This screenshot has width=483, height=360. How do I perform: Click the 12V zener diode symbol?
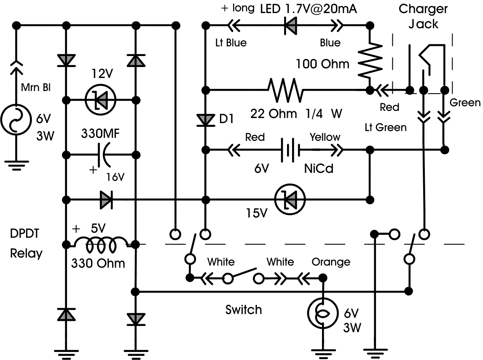point(100,100)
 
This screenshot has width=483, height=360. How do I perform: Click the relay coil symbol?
point(101,243)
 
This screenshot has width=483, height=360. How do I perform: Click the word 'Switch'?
point(244,310)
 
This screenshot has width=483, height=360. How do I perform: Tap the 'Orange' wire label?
point(331,262)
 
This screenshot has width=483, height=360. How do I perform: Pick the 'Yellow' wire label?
point(325,137)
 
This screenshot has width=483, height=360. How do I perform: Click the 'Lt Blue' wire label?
point(231,43)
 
